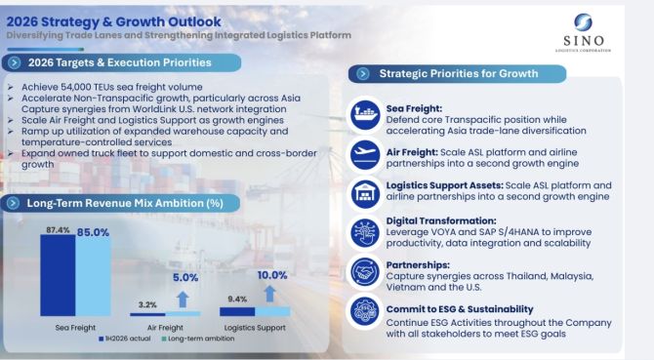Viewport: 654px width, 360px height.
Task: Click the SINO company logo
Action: [x=583, y=32]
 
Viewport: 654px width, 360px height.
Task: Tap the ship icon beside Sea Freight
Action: [x=365, y=115]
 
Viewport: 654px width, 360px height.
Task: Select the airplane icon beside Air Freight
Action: [x=365, y=154]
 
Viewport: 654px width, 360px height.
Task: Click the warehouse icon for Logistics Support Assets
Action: [x=365, y=193]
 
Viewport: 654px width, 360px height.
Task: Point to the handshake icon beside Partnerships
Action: [x=365, y=273]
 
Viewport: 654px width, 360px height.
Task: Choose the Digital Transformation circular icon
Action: [x=365, y=233]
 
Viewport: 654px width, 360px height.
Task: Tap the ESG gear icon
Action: [x=365, y=311]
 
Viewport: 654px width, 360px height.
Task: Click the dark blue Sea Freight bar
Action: [x=58, y=275]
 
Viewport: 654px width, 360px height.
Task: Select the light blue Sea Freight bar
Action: [x=93, y=277]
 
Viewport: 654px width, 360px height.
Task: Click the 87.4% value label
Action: [x=58, y=230]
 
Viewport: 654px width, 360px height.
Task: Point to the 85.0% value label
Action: [x=93, y=232]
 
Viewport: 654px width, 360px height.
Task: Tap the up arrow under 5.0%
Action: [x=183, y=300]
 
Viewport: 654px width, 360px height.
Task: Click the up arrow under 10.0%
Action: [x=269, y=294]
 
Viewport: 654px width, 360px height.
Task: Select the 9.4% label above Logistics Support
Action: [x=237, y=300]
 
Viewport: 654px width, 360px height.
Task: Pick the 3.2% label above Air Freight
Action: [x=147, y=305]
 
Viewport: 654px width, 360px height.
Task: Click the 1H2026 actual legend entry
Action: [x=125, y=339]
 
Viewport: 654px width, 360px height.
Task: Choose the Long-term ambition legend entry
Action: [x=198, y=339]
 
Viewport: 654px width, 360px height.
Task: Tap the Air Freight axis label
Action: [x=165, y=328]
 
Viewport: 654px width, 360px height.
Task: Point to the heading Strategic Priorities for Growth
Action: [x=459, y=74]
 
